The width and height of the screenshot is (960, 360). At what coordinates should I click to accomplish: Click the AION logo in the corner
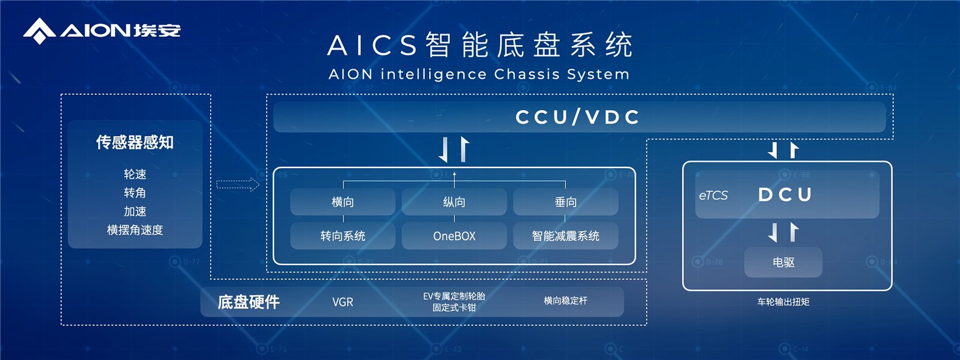tap(102, 30)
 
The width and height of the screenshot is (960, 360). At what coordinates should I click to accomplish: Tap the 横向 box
tap(343, 202)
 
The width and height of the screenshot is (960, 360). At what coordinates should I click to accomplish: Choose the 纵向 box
tap(454, 202)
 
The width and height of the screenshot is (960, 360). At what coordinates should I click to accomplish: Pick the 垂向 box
tap(566, 202)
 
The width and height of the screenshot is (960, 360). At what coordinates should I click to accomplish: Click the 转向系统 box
tap(343, 236)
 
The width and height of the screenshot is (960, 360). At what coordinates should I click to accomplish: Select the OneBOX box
tap(454, 236)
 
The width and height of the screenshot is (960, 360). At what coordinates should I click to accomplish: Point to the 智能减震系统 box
tap(566, 236)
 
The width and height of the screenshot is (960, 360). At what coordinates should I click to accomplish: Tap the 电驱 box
tap(783, 262)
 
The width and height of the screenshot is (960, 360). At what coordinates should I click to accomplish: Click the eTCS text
tap(713, 195)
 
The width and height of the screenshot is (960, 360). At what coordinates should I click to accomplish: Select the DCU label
tap(785, 195)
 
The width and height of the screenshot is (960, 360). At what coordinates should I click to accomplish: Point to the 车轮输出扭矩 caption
tap(783, 302)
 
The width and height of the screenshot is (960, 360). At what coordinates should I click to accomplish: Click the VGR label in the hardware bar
tap(343, 302)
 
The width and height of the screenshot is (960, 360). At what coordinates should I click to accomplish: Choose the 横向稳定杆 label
tap(566, 301)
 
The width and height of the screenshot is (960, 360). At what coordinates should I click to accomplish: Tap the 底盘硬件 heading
tap(249, 302)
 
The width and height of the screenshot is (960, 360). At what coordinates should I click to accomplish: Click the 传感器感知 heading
tap(135, 142)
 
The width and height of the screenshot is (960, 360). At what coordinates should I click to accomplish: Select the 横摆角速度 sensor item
tap(135, 230)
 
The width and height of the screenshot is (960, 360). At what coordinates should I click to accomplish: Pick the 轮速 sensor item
tap(135, 174)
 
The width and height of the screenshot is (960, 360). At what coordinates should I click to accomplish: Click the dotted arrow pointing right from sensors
tap(238, 184)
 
